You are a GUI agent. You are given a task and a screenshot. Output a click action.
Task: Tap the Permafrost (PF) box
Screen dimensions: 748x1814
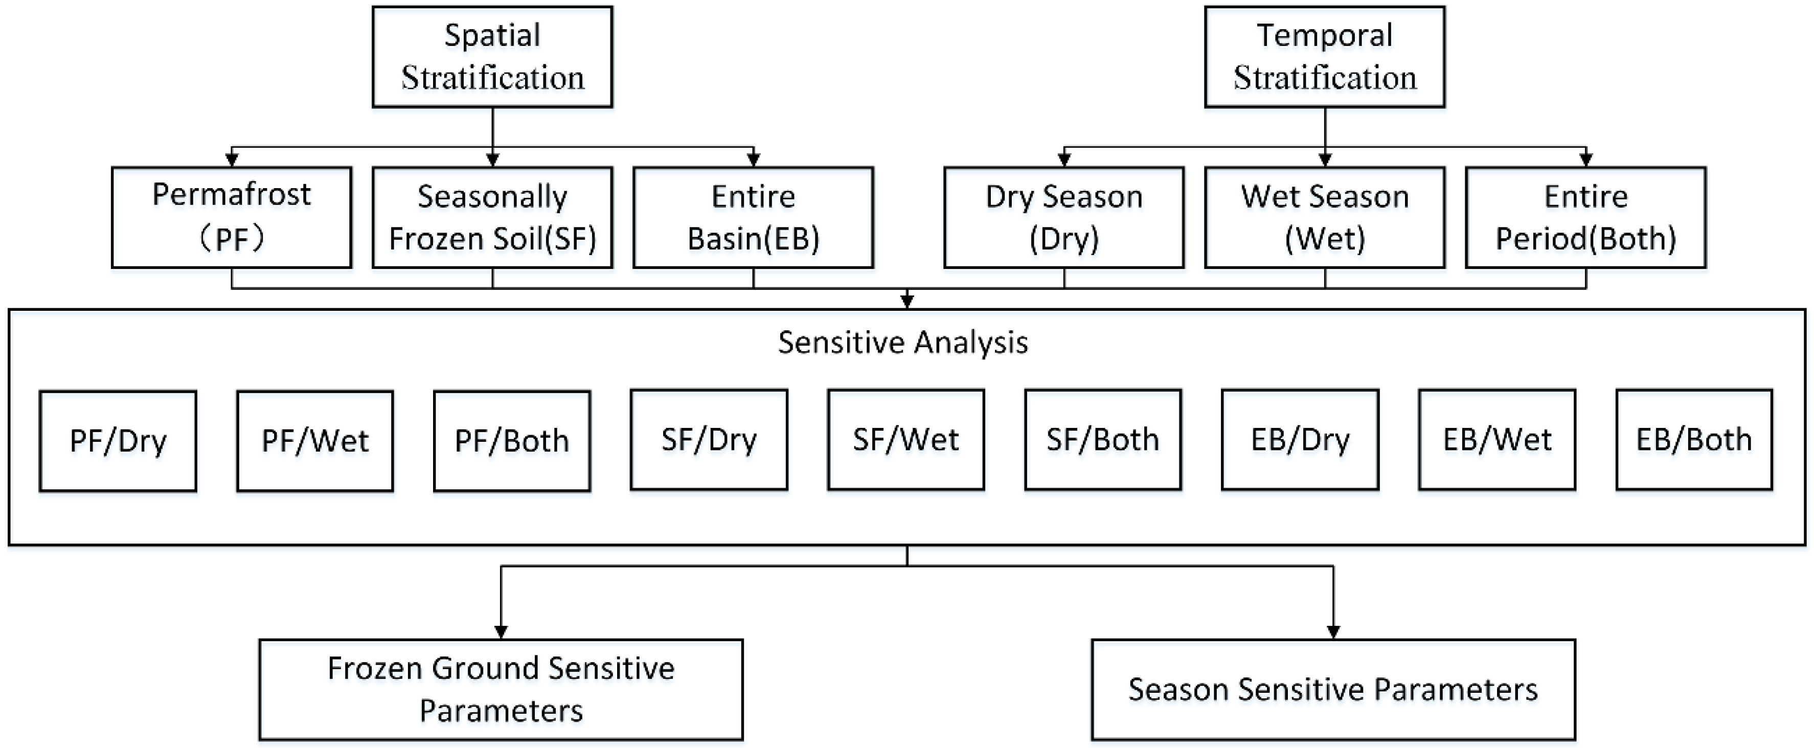pyautogui.click(x=232, y=217)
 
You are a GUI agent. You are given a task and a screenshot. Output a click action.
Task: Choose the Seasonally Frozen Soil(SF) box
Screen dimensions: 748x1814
pyautogui.click(x=492, y=217)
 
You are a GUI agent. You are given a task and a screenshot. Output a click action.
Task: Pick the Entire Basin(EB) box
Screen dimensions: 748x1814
pyautogui.click(x=753, y=217)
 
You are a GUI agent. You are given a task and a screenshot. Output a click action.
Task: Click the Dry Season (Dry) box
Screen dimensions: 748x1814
pyautogui.click(x=1064, y=217)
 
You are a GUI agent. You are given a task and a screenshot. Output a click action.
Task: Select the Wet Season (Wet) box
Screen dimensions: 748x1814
pyautogui.click(x=1325, y=217)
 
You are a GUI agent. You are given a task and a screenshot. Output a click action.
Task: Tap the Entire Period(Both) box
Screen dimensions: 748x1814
pyautogui.click(x=1586, y=217)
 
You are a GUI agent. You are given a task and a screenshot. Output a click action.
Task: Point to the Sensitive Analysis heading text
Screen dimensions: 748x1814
pyautogui.click(x=903, y=343)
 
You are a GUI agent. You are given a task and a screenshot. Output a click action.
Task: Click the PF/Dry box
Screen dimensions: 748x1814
pyautogui.click(x=118, y=441)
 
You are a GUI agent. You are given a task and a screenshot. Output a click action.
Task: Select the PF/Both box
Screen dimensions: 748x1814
pyautogui.click(x=512, y=441)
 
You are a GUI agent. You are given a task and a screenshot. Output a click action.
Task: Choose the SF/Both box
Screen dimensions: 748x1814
pyautogui.click(x=1103, y=440)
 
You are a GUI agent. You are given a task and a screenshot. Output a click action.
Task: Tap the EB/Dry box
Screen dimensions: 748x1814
pyautogui.click(x=1300, y=440)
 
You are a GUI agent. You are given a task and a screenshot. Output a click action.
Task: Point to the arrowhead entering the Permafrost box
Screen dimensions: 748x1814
pyautogui.click(x=232, y=161)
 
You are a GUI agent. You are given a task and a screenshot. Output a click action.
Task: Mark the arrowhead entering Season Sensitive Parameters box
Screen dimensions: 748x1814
pyautogui.click(x=1333, y=632)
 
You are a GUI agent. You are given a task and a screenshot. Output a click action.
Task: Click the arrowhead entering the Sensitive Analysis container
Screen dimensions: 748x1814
pyautogui.click(x=907, y=302)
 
